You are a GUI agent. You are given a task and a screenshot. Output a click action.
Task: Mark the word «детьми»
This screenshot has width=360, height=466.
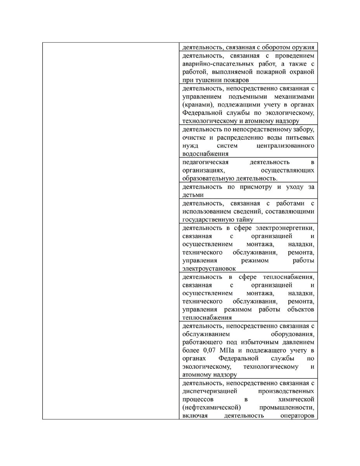coord(193,195)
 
